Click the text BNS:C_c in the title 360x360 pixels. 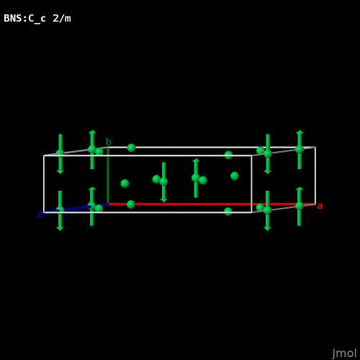24,19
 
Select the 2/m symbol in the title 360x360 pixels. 62,19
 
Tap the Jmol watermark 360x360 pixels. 344,354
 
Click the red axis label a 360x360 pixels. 320,206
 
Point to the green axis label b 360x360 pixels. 109,142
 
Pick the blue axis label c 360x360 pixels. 40,215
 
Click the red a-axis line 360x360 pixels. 212,204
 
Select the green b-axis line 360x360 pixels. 108,176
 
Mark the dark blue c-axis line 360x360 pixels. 76,208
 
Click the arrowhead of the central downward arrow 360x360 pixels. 164,200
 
